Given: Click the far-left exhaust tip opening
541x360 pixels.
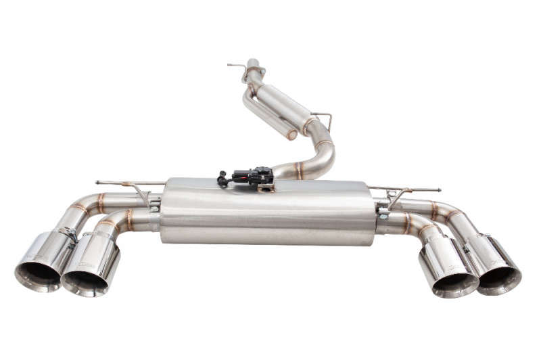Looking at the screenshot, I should (x=38, y=273).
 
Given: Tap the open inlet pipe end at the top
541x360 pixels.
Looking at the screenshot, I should (x=253, y=63).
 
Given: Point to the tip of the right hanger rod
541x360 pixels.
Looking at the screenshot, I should (x=439, y=189).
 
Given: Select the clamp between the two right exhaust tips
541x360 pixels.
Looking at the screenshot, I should (x=467, y=248).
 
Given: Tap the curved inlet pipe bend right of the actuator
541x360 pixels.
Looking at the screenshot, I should (x=321, y=159).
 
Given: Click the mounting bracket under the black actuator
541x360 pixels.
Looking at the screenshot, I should (x=265, y=187).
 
